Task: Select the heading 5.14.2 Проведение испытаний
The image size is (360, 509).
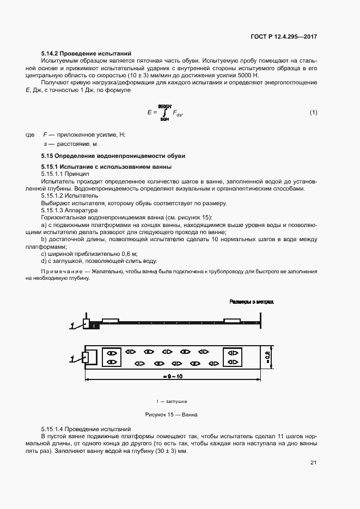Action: tap(86, 53)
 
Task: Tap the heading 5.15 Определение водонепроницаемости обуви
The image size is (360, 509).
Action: tap(113, 156)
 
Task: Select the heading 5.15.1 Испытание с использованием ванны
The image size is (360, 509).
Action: tap(106, 166)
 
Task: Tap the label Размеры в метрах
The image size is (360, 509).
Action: tap(251, 301)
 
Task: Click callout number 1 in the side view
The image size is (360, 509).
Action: tap(71, 326)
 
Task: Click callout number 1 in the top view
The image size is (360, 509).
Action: tap(71, 358)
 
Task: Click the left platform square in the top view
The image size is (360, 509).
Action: tap(112, 357)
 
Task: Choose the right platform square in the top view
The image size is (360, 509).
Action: tap(233, 357)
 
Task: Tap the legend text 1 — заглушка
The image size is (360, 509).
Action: tap(171, 401)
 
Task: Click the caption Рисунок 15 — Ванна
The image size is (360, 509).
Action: tap(171, 414)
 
